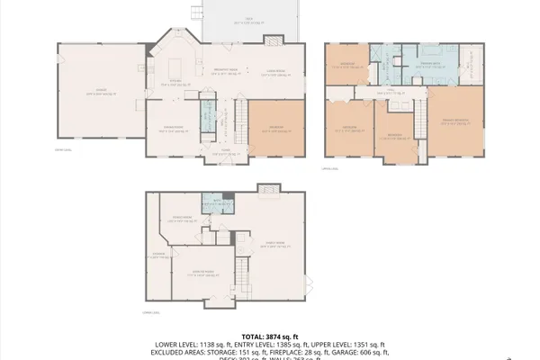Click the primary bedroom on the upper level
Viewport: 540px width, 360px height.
click(x=454, y=121)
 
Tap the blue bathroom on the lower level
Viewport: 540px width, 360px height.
click(x=213, y=204)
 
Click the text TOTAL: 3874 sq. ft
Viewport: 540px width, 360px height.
click(x=269, y=335)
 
